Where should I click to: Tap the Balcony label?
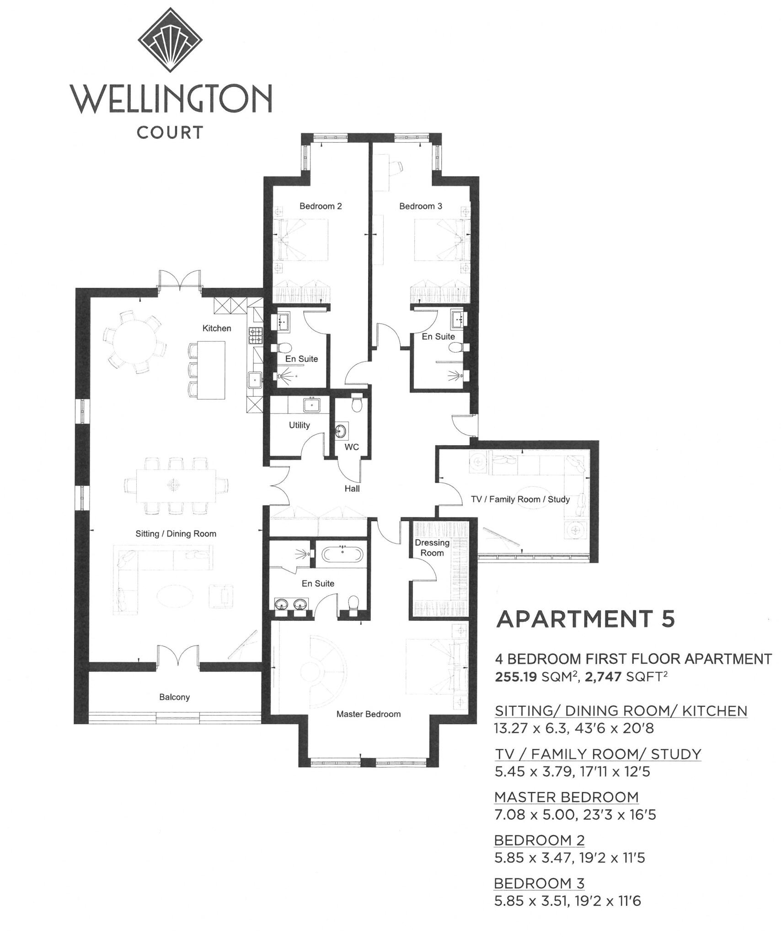click(x=174, y=697)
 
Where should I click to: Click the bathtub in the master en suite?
click(x=342, y=555)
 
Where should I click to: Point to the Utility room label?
click(x=299, y=425)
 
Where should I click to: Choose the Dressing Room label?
click(x=432, y=548)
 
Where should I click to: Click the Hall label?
click(x=352, y=489)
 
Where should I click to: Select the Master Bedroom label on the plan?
click(x=368, y=714)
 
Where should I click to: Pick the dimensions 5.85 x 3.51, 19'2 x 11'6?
click(x=567, y=901)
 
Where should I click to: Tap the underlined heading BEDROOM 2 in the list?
click(x=539, y=840)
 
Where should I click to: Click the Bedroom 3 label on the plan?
click(x=420, y=206)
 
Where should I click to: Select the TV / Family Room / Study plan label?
click(x=520, y=499)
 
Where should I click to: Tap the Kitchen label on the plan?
click(x=217, y=328)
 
